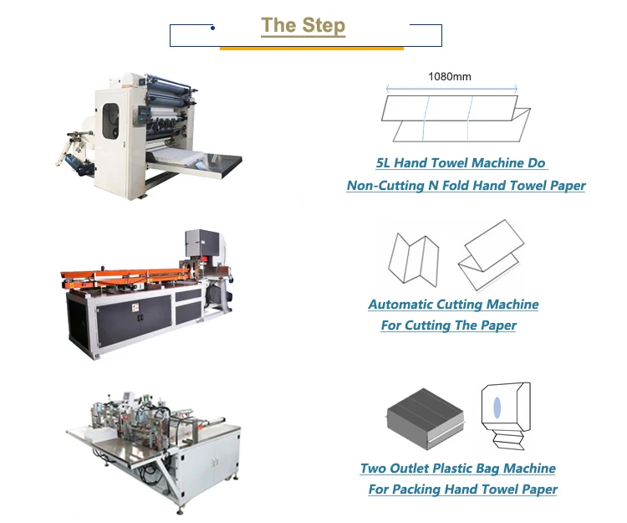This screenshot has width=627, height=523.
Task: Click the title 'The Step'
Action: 303,26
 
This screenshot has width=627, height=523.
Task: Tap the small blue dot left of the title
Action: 212,28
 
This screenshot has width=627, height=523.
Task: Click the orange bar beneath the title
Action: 312,49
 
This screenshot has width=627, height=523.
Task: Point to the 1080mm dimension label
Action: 450,76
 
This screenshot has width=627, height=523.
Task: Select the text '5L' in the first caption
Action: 383,163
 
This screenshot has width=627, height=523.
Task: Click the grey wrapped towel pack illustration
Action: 426,418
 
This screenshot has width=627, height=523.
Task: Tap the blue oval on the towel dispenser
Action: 497,408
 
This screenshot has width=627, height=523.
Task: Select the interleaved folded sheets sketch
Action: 491,255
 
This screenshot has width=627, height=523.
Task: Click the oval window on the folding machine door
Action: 110,121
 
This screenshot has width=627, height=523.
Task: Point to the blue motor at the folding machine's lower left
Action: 78,164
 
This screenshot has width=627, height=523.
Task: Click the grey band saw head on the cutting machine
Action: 202,245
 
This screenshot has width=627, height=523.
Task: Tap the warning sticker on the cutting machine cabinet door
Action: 135,307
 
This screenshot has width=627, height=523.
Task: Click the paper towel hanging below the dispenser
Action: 507,439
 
